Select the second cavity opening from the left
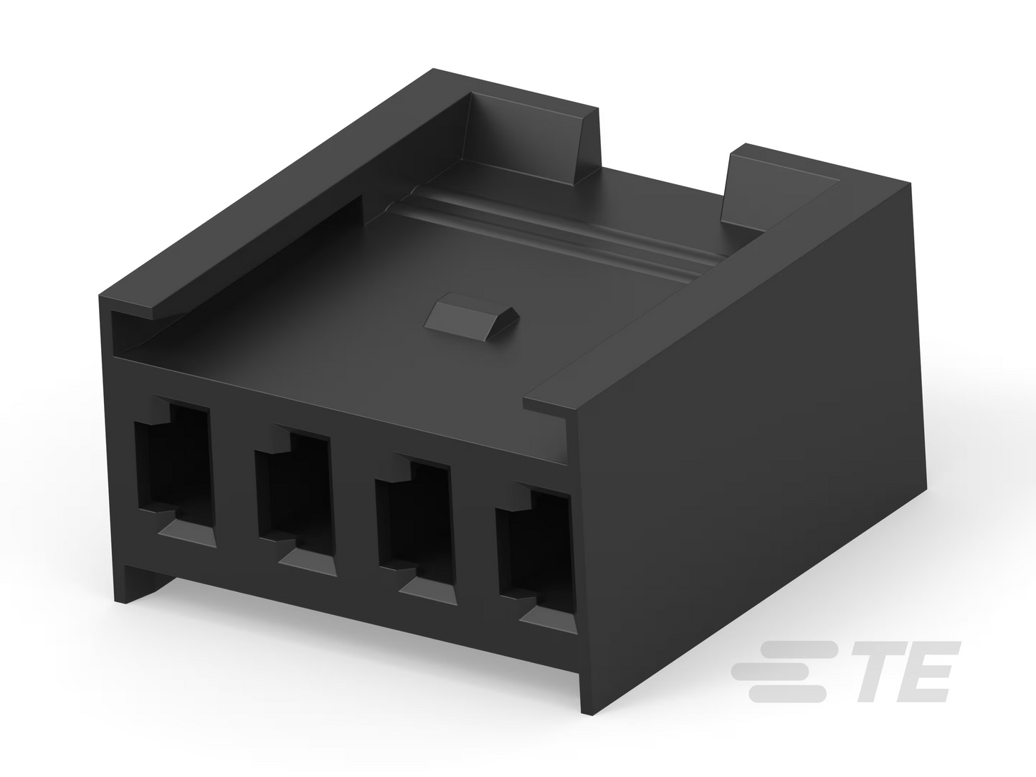coord(294,501)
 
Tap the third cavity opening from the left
coord(414,528)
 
